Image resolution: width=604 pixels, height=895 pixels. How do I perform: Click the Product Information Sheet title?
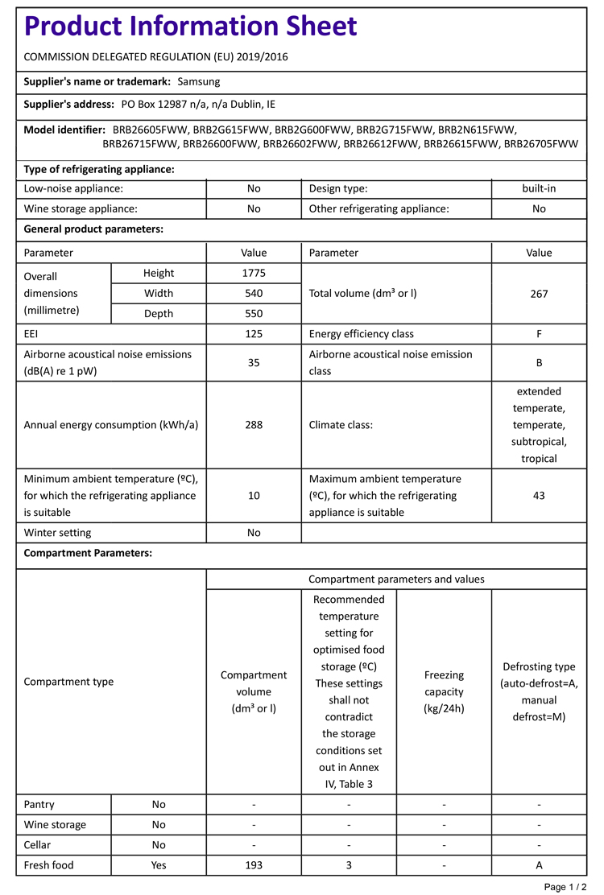(191, 27)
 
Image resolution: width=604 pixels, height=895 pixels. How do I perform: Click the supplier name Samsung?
(198, 81)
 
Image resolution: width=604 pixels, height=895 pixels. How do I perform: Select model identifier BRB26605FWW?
(150, 129)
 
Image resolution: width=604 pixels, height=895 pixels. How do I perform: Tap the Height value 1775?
(254, 273)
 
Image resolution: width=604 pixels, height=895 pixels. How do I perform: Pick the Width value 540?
(254, 293)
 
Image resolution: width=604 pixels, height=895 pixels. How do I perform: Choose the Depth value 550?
(254, 313)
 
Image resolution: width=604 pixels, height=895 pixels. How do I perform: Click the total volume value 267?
(539, 293)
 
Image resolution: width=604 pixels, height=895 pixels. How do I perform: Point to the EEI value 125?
(254, 333)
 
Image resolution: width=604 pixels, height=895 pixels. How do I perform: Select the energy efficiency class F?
(539, 333)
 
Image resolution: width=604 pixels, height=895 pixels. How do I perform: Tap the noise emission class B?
(539, 362)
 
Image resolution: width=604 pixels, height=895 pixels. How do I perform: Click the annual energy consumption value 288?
(254, 425)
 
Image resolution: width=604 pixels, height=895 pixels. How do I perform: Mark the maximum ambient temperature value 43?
(539, 495)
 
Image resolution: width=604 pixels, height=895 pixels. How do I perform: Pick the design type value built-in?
(539, 188)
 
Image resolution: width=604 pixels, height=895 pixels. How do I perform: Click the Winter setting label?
(58, 532)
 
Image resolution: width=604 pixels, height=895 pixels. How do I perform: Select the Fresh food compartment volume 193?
(254, 865)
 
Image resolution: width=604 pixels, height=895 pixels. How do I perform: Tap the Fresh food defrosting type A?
(539, 865)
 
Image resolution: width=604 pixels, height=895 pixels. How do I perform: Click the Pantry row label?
(39, 804)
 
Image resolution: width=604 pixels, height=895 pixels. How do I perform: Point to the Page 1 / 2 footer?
(566, 886)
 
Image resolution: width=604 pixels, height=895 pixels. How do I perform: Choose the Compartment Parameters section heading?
(89, 553)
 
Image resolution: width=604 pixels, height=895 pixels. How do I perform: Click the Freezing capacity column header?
(444, 691)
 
